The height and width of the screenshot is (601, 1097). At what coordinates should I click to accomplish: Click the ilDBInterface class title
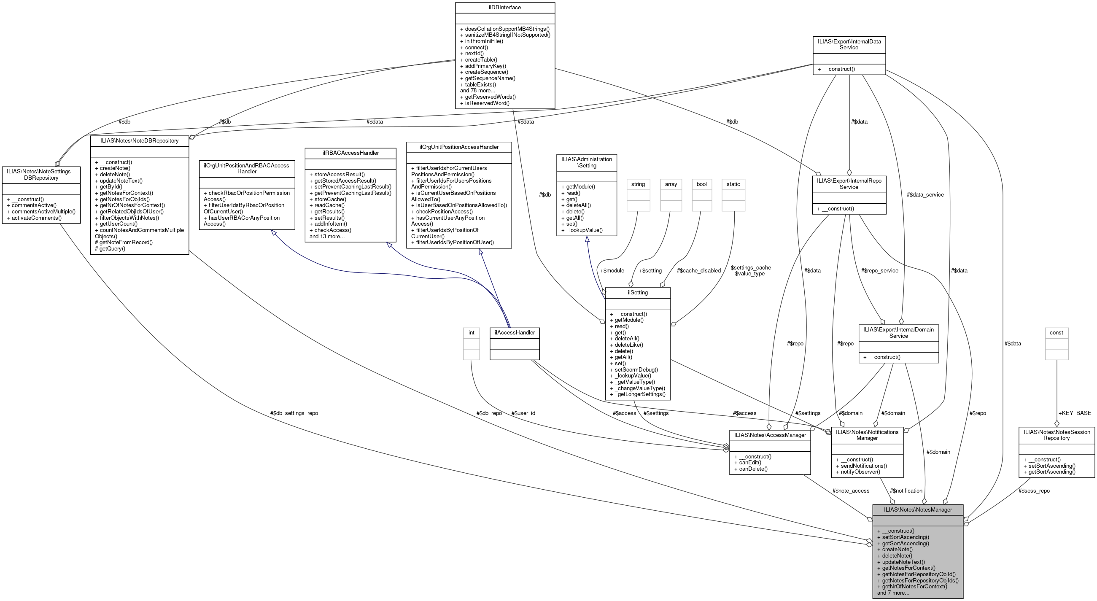coord(505,7)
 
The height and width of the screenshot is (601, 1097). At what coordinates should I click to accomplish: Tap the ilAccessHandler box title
coord(515,332)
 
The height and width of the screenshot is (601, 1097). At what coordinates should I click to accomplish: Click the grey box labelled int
coord(471,333)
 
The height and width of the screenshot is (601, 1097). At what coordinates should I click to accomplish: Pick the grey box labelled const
coord(1056,333)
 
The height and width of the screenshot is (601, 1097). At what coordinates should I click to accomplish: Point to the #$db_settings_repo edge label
coord(294,413)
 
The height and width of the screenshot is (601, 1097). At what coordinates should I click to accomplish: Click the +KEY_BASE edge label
coord(1074,413)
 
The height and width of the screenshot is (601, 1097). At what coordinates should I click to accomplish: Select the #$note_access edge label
coord(850,491)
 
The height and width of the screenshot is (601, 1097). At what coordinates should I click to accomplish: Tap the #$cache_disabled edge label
coord(698,270)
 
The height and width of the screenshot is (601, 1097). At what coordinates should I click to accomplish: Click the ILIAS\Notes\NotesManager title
coord(917,509)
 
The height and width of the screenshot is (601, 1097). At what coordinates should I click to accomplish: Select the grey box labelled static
coord(733,184)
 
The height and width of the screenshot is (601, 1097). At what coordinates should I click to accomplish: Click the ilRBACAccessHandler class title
coord(350,153)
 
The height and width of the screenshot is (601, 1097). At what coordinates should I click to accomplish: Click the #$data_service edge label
coord(925,195)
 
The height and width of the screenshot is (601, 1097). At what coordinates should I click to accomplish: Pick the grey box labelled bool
coord(701,184)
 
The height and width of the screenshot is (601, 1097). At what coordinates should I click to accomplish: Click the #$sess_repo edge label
coord(1034,491)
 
